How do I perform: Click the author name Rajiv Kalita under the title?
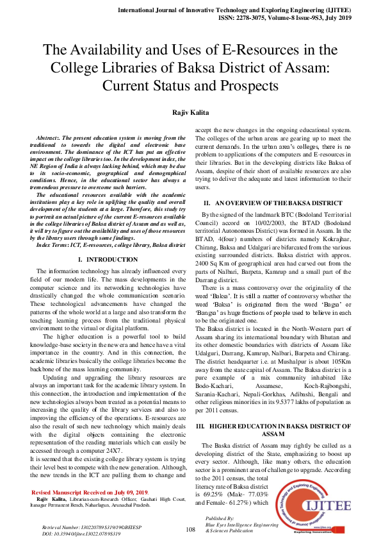click(x=190, y=112)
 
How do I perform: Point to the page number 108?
click(x=190, y=529)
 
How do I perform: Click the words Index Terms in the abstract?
click(x=55, y=245)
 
